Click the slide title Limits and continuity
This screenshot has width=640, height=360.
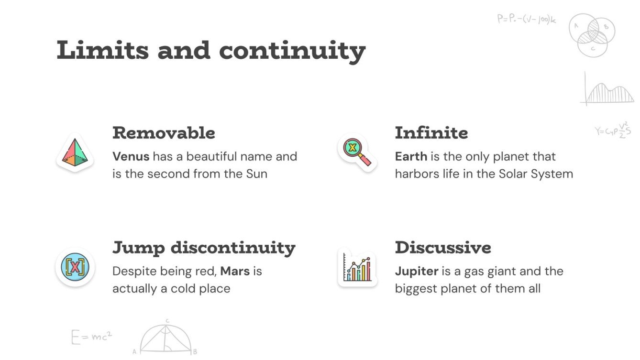pos(211,51)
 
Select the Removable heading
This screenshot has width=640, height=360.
pos(164,133)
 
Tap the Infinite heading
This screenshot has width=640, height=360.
pos(431,133)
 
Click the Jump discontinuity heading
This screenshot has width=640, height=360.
pos(204,248)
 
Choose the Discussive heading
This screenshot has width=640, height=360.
pos(443,248)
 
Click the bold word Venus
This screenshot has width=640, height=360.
pos(131,156)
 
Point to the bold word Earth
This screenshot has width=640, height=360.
pos(410,156)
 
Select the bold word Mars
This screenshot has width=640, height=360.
pos(235,271)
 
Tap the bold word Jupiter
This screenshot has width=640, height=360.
pos(416,271)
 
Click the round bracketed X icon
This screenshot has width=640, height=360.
pos(75,267)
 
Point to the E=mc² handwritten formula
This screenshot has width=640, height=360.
pos(91,337)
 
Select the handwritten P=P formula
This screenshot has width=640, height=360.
pos(526,20)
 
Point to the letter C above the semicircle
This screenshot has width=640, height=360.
pos(167,321)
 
